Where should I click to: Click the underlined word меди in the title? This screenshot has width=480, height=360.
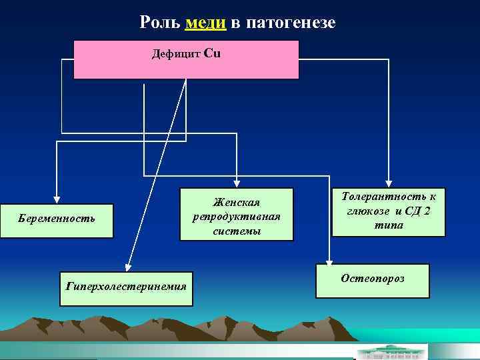point(207,23)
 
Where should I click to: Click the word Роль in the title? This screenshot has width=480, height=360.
point(161,23)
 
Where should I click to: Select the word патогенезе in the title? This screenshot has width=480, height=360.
point(291,23)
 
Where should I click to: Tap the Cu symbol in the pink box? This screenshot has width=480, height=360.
point(211,53)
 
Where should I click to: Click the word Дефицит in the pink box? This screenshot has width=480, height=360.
point(176,53)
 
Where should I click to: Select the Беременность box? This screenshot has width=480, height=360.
point(57,219)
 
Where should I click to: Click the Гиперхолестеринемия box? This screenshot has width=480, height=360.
point(126,288)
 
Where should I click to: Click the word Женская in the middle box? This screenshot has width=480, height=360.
point(236,202)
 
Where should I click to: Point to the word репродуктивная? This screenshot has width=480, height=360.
point(236,217)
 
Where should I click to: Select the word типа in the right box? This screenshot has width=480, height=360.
point(388,226)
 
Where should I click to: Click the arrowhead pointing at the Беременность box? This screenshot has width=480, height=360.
point(57,198)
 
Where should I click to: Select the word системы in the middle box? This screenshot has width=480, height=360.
point(236,231)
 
